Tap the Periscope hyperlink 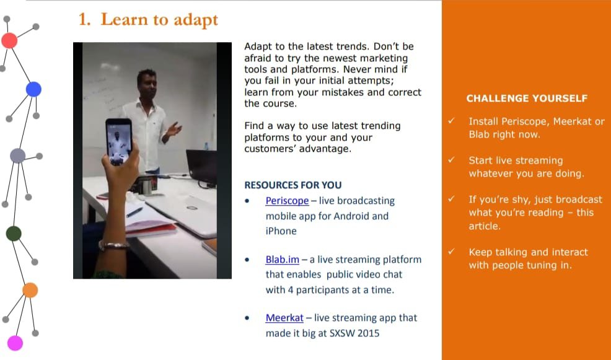[x=287, y=201]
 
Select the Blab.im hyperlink [x=283, y=260]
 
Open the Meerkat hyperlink [x=284, y=318]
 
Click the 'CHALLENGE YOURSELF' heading [x=527, y=98]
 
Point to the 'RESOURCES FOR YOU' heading [x=293, y=185]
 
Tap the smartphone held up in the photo [x=118, y=142]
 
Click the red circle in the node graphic [x=9, y=40]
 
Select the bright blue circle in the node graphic [x=33, y=89]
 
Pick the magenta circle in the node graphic [x=15, y=343]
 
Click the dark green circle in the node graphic [x=14, y=234]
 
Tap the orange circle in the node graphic [x=30, y=290]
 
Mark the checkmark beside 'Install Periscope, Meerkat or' [x=451, y=121]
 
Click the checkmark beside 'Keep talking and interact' [x=451, y=252]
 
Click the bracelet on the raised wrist [x=114, y=245]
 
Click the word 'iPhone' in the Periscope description [x=281, y=231]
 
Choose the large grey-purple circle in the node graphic [x=17, y=156]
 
